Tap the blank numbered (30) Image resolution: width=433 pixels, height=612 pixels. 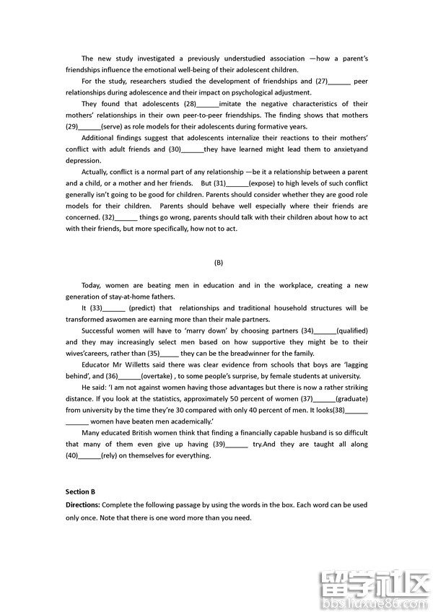pos(192,149)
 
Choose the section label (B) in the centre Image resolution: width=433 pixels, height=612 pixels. pos(219,263)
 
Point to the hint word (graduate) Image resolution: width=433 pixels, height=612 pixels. pos(351,398)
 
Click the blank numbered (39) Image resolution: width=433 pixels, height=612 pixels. pos(237,444)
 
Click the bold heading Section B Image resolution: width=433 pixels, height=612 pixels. pos(80,491)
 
